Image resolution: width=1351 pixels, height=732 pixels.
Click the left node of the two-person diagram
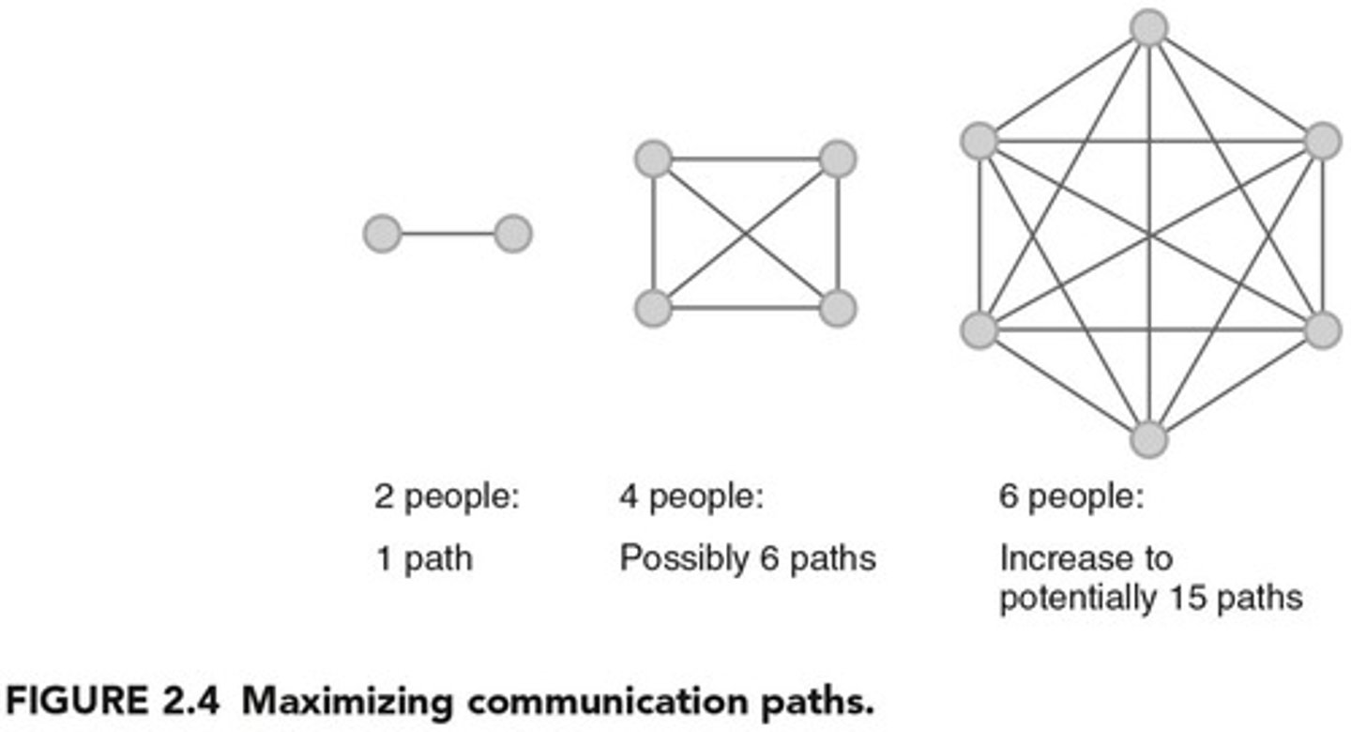point(382,234)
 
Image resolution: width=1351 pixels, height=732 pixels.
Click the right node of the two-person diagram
point(513,234)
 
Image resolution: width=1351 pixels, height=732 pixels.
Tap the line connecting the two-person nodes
point(448,234)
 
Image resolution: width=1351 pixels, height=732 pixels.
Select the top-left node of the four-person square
point(653,159)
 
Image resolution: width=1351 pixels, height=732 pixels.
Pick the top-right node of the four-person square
point(838,159)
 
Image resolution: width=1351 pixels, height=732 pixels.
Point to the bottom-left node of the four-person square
point(653,308)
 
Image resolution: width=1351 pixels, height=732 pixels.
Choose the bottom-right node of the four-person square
point(838,308)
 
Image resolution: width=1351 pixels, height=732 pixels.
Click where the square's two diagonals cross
point(746,234)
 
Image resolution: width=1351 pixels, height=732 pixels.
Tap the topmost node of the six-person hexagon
point(1148,27)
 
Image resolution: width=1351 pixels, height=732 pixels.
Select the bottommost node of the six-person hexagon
point(1148,439)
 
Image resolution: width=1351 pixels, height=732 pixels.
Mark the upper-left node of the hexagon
point(979,141)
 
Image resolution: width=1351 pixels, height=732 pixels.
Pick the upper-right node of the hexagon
point(1323,141)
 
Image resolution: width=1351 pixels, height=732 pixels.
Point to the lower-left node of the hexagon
point(979,329)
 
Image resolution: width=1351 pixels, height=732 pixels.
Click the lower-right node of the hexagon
point(1323,329)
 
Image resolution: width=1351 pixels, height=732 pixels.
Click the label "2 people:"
point(446,496)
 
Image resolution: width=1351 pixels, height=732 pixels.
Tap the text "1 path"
point(423,559)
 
